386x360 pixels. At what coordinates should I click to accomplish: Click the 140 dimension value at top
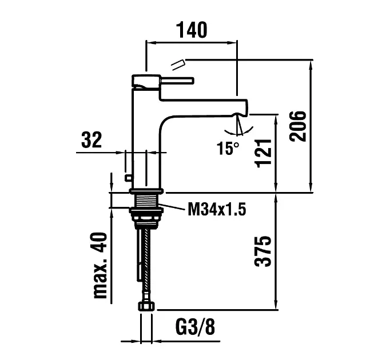192,30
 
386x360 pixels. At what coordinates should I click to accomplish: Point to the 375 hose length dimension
264,251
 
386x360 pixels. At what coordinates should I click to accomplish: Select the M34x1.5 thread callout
217,210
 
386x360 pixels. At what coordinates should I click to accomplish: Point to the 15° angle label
228,149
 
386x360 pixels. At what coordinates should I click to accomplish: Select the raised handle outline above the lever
179,62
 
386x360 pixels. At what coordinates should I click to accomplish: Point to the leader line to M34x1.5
174,207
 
